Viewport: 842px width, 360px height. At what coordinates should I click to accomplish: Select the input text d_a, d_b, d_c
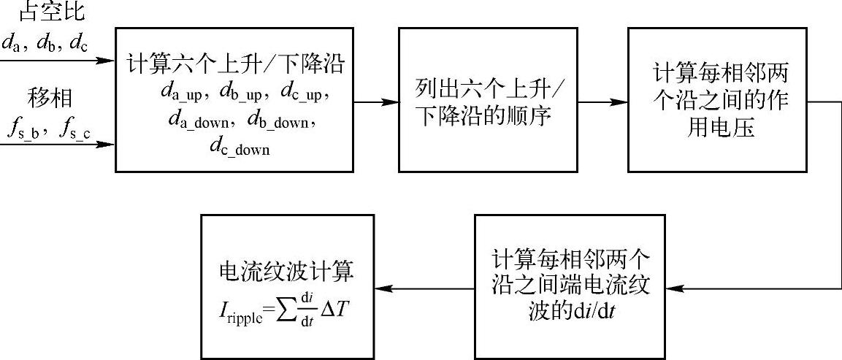[x=45, y=44]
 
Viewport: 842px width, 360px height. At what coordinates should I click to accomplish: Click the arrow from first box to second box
[x=374, y=101]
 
